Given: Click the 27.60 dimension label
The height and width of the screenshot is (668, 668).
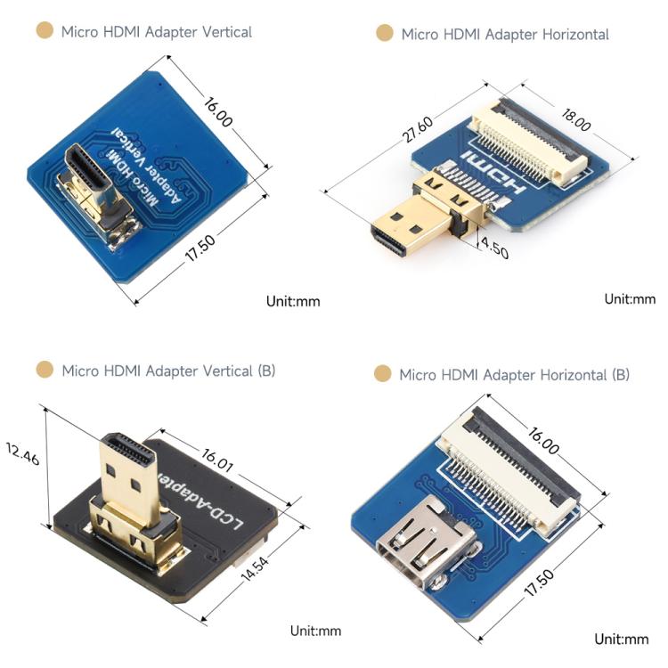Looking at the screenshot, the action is point(418,128).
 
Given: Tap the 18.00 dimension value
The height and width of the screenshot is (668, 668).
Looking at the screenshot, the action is point(576,119).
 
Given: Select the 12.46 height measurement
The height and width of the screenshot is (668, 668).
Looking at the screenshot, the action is point(22,453).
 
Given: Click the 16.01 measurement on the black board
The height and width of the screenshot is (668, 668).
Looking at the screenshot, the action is point(217,460).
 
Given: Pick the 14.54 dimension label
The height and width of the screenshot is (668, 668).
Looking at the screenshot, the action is point(255,568).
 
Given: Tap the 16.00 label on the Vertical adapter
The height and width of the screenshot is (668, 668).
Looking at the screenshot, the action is point(217,112).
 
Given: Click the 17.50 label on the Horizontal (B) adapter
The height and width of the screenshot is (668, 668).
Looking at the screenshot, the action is point(539,582).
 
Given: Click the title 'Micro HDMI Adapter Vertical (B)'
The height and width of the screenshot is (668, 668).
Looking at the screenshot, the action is point(168,371).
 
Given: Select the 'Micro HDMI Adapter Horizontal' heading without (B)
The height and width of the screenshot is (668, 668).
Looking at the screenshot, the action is point(505,34).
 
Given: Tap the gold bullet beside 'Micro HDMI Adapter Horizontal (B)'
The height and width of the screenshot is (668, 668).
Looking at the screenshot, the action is point(383,373).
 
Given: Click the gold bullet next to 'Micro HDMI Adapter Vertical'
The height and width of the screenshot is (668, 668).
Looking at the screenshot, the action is point(45,30).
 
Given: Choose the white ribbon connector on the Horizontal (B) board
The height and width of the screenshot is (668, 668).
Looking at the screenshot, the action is point(510,471).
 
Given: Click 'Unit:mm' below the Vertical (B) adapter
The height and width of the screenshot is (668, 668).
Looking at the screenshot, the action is point(315,631).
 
